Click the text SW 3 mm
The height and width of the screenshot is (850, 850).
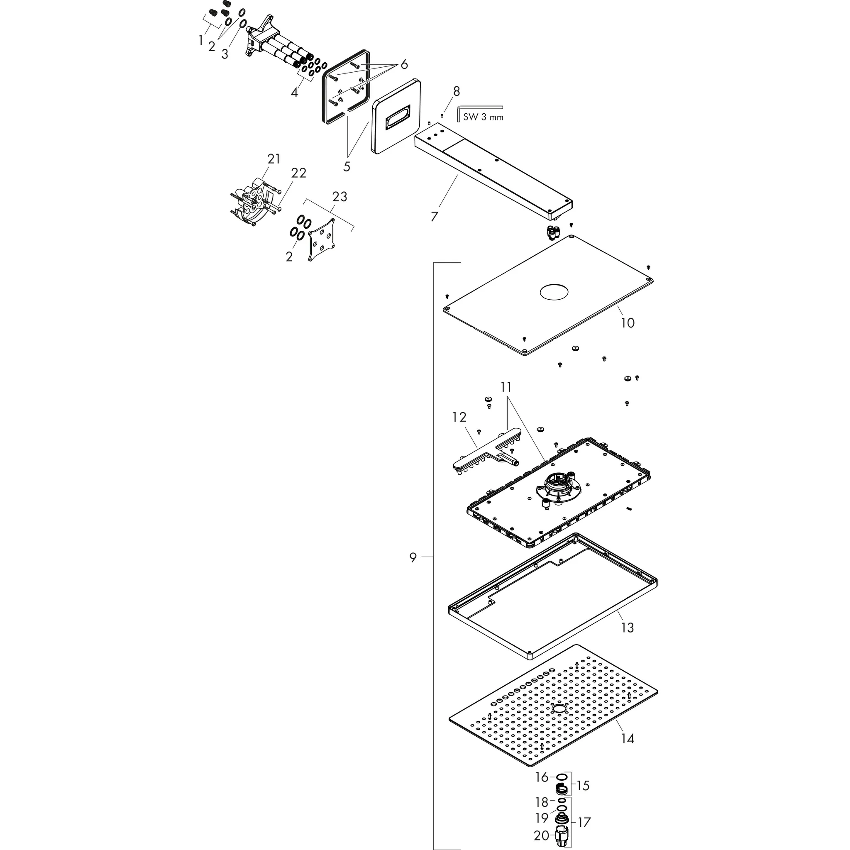(483, 117)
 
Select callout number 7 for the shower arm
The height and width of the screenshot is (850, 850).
(434, 217)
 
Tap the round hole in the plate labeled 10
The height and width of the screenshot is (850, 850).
(554, 292)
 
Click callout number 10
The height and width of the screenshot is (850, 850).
(628, 323)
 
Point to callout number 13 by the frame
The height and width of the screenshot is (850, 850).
(627, 628)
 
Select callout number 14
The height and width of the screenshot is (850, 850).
(628, 739)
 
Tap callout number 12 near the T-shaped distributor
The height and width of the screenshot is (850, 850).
(459, 417)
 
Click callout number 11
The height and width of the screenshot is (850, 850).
(506, 387)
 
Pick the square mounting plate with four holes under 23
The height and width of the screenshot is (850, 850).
(321, 240)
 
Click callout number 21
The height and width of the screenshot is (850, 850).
(274, 159)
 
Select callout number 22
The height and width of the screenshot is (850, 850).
(298, 173)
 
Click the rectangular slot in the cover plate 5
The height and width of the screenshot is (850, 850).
(398, 123)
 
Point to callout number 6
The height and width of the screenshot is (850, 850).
(404, 65)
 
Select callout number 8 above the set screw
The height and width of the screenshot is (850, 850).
(456, 91)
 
